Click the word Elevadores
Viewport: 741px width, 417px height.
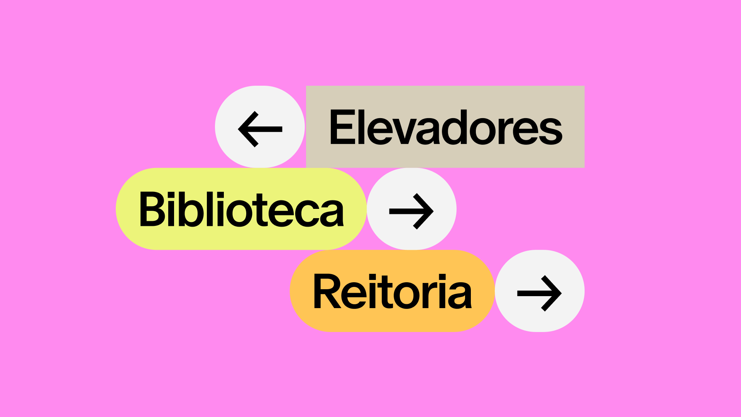(x=446, y=127)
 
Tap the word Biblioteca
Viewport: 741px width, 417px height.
(x=241, y=209)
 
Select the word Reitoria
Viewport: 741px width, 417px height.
(x=392, y=292)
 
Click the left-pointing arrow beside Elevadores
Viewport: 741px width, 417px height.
(x=260, y=129)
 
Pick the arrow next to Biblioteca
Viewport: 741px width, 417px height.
(x=411, y=211)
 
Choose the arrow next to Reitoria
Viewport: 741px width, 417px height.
(x=540, y=293)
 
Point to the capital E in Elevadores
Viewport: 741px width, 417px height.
(x=342, y=127)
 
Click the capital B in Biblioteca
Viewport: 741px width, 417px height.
(x=152, y=209)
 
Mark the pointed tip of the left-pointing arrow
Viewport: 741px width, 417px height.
(x=239, y=129)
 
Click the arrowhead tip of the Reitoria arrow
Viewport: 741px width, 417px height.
(x=561, y=293)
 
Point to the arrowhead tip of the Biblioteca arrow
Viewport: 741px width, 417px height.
(x=433, y=211)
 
